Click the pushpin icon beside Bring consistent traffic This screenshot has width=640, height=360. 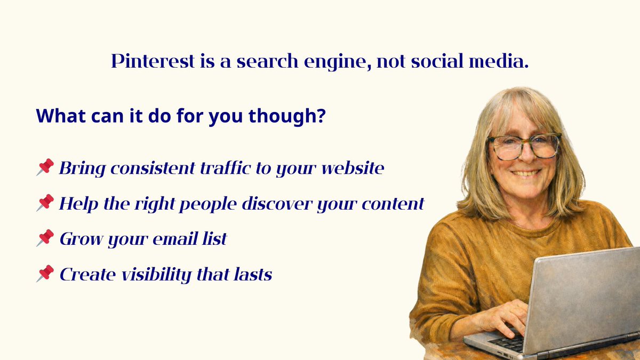click(45, 167)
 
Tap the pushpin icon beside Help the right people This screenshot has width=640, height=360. click(45, 203)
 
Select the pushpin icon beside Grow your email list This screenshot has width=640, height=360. click(45, 238)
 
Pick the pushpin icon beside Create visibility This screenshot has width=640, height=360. click(45, 274)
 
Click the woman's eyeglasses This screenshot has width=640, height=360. click(524, 146)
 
